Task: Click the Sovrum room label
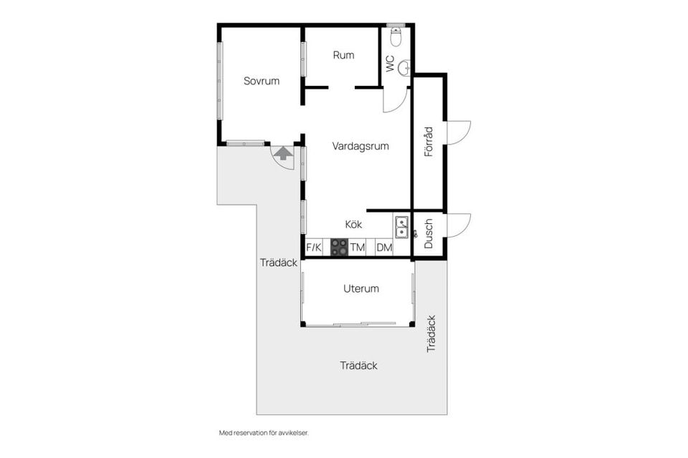pyautogui.click(x=262, y=81)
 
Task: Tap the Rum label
pyautogui.click(x=343, y=55)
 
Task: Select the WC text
pyautogui.click(x=390, y=64)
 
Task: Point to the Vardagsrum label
pyautogui.click(x=360, y=146)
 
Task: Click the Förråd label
pyautogui.click(x=429, y=142)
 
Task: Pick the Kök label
pyautogui.click(x=353, y=224)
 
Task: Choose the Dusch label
pyautogui.click(x=429, y=233)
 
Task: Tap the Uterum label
pyautogui.click(x=360, y=289)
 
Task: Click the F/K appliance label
pyautogui.click(x=314, y=248)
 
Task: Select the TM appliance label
pyautogui.click(x=358, y=248)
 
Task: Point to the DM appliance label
pyautogui.click(x=384, y=248)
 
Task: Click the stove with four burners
pyautogui.click(x=339, y=248)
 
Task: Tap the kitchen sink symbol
pyautogui.click(x=402, y=226)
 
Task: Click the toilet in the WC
pyautogui.click(x=396, y=35)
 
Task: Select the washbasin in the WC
pyautogui.click(x=405, y=67)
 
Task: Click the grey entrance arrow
pyautogui.click(x=283, y=152)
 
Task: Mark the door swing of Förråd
pyautogui.click(x=458, y=132)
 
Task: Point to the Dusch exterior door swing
pyautogui.click(x=458, y=225)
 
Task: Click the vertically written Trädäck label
pyautogui.click(x=431, y=333)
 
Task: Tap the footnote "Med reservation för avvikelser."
pyautogui.click(x=263, y=433)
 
